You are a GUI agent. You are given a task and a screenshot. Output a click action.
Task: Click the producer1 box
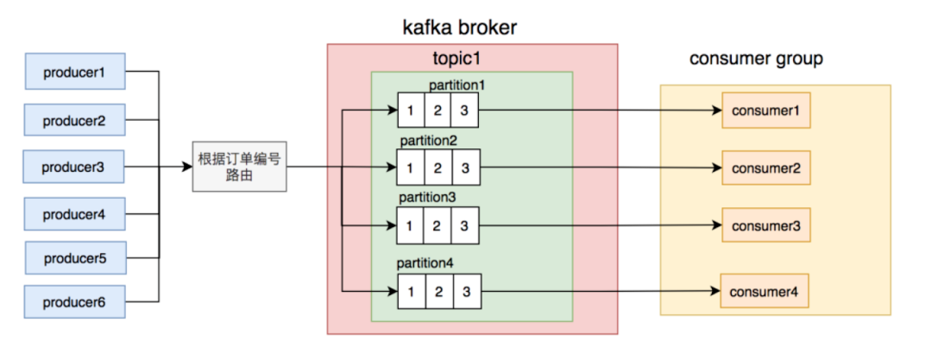tap(74, 71)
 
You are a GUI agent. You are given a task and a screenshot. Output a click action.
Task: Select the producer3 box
tap(73, 167)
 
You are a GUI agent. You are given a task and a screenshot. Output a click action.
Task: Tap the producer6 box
tap(74, 301)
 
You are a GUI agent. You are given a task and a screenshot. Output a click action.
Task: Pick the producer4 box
tap(74, 213)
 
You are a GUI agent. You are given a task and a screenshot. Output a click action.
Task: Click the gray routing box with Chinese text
tap(240, 166)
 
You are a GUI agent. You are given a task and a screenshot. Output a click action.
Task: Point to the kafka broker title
tap(460, 28)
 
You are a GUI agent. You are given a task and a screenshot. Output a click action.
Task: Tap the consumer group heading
tap(756, 59)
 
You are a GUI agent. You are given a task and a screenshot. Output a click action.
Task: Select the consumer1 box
tap(766, 111)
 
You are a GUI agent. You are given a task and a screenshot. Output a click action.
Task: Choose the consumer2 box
tap(766, 167)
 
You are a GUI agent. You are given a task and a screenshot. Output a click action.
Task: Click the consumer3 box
tap(766, 225)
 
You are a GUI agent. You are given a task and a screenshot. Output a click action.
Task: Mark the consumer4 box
tap(765, 291)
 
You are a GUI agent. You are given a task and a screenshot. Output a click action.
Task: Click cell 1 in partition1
tap(412, 111)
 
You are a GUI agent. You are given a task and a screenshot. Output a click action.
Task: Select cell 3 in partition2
tap(466, 167)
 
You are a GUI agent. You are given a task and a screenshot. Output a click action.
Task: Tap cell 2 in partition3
tap(438, 225)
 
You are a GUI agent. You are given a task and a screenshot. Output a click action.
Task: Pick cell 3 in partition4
tap(466, 292)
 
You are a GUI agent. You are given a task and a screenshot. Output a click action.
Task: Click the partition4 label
tap(425, 263)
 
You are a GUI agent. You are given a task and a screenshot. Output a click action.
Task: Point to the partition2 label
tap(428, 142)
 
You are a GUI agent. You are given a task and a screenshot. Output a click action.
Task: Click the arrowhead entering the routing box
tap(188, 167)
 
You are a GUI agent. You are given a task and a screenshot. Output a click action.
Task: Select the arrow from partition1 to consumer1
tap(601, 111)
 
